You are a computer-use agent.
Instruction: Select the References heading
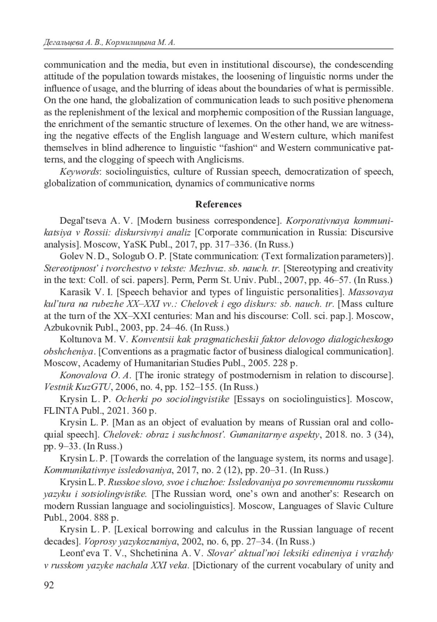219,204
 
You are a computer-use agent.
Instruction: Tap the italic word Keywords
79,171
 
